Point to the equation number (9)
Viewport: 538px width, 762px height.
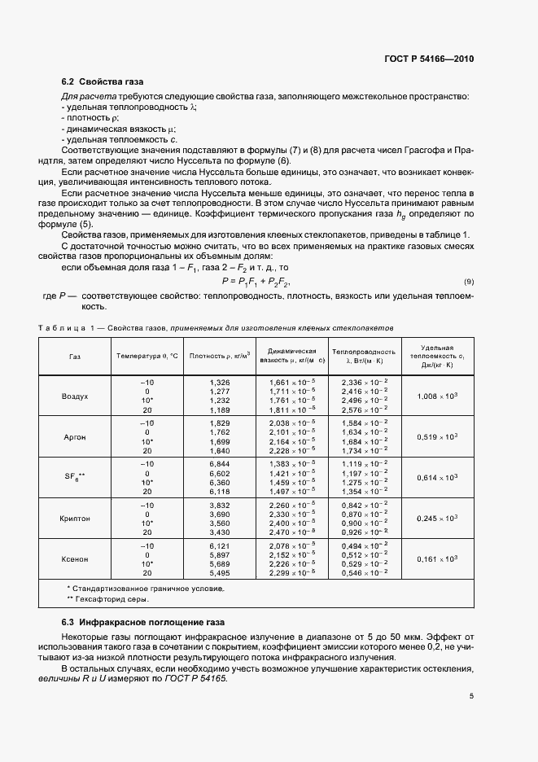(468, 282)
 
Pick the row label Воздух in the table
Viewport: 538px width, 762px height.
(75, 396)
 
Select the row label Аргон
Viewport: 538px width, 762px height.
(75, 437)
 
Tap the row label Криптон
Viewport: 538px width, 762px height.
(75, 519)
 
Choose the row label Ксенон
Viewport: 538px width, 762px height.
(75, 559)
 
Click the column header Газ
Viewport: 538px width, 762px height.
(75, 355)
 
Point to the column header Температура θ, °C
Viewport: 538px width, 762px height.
(148, 355)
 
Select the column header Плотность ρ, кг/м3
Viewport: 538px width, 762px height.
(219, 355)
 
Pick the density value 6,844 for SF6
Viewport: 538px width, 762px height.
(220, 462)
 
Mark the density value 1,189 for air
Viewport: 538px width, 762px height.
(220, 411)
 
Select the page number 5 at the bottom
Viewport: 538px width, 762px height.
(471, 695)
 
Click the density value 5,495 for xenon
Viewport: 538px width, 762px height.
(220, 574)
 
